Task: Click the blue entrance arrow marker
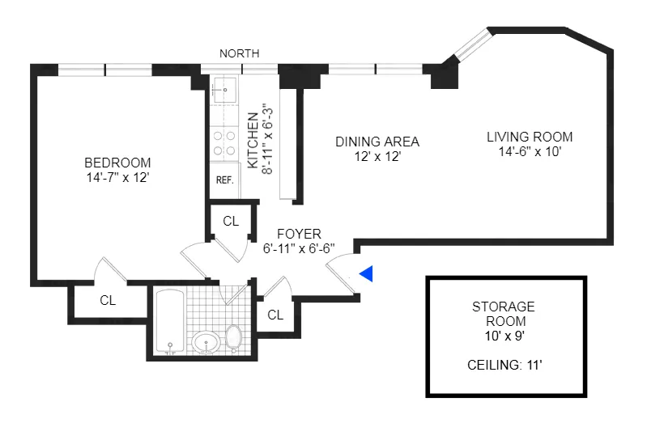[x=367, y=275]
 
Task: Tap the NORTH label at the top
[x=240, y=53]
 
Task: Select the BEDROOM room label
[x=117, y=161]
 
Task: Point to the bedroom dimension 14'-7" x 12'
[x=117, y=176]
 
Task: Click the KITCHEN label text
[x=252, y=141]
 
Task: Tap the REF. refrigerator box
[x=223, y=180]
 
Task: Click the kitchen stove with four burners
[x=223, y=143]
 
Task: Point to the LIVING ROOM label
[x=530, y=137]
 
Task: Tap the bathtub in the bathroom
[x=170, y=322]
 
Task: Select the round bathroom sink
[x=206, y=342]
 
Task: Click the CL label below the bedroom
[x=108, y=300]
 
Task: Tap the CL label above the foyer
[x=231, y=221]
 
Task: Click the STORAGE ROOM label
[x=504, y=313]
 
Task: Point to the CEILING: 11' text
[x=504, y=366]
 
